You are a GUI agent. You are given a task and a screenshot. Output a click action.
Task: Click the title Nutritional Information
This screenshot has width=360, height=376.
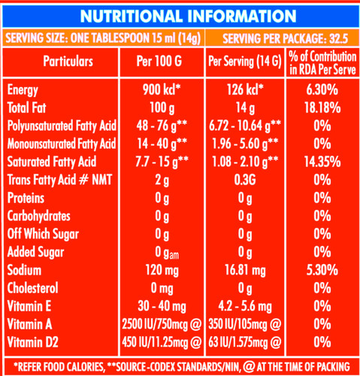coord(188,17)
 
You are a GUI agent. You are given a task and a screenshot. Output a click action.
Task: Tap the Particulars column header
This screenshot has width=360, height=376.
coord(68,61)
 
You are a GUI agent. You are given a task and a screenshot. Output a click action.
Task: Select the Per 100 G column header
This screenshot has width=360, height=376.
coord(159,61)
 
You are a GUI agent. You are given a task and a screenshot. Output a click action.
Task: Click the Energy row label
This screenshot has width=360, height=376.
coord(23,90)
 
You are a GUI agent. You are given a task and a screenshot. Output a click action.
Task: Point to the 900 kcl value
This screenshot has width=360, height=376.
coord(162,89)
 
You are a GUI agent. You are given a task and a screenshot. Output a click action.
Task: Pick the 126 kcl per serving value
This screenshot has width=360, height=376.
coord(245,89)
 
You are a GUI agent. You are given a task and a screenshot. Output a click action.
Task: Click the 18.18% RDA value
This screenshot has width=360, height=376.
coord(322,108)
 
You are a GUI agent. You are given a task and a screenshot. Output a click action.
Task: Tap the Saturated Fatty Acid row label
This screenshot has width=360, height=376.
coord(52,162)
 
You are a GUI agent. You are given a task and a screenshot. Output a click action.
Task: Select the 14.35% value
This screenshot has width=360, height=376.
coord(322,162)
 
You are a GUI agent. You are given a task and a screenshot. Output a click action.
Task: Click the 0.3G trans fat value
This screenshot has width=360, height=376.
coord(245,180)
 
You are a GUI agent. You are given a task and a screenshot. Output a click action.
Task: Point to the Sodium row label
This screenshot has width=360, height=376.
coord(24,270)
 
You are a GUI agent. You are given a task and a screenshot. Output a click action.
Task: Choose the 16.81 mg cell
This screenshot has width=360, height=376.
coord(245,271)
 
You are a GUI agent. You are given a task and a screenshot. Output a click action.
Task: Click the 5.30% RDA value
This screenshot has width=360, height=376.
coord(322,270)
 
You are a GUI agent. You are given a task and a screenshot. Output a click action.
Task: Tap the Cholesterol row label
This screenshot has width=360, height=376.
coord(32,288)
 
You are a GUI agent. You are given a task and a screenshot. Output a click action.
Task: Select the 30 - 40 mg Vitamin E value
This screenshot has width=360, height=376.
coord(162,307)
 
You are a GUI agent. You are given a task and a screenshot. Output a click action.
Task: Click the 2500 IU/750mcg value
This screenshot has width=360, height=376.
coord(162,324)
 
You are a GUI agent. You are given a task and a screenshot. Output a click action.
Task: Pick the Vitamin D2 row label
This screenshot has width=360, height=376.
coord(32,342)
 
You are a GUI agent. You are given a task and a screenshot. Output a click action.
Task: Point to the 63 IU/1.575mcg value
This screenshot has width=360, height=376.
coord(245,342)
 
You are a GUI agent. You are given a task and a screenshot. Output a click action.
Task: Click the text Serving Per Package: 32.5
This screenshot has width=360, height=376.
coord(286,38)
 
